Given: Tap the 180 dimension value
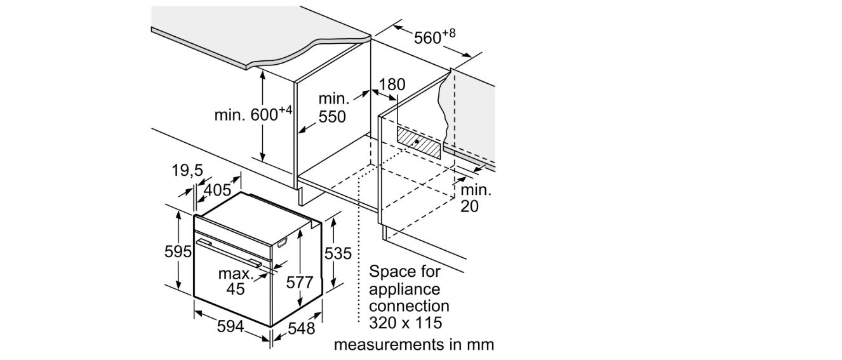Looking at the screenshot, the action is pyautogui.click(x=392, y=85).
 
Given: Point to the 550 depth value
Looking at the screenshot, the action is pyautogui.click(x=332, y=117).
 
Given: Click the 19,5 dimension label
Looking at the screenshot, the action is pyautogui.click(x=187, y=170).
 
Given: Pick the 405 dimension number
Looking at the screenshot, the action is pyautogui.click(x=217, y=190).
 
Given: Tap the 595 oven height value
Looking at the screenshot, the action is pyautogui.click(x=178, y=251).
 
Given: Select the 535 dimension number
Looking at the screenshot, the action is pyautogui.click(x=338, y=253).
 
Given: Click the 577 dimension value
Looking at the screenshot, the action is pyautogui.click(x=300, y=282).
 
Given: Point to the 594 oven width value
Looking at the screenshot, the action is pyautogui.click(x=231, y=326).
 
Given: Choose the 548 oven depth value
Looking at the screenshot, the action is pyautogui.click(x=302, y=328).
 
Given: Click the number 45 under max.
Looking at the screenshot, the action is pyautogui.click(x=236, y=289).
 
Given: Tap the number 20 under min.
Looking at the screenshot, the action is pyautogui.click(x=469, y=206).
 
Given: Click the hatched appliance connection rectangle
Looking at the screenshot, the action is pyautogui.click(x=418, y=143).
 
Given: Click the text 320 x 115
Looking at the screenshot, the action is pyautogui.click(x=406, y=323).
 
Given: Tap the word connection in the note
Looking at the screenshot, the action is pyautogui.click(x=410, y=306).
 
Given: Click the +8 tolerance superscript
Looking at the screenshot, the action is pyautogui.click(x=448, y=33).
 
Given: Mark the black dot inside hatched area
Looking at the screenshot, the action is pyautogui.click(x=417, y=142).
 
